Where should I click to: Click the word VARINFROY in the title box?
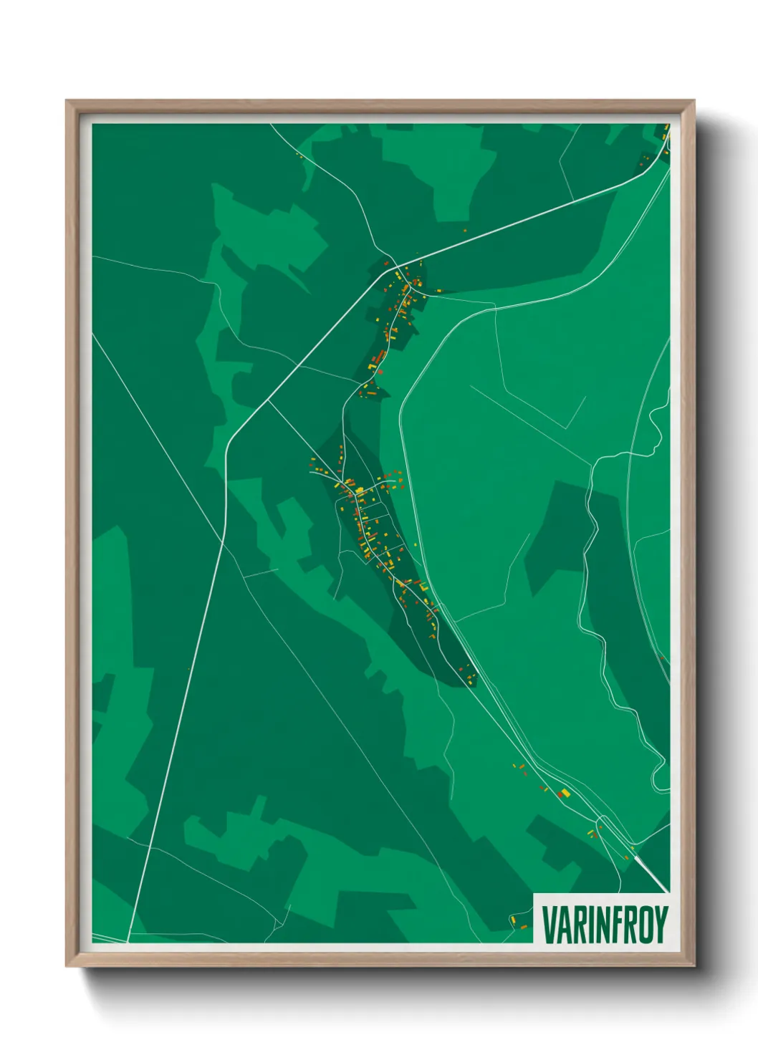tap(605, 925)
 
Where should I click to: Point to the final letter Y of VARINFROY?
tap(661, 925)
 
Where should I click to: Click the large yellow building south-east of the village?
tap(565, 791)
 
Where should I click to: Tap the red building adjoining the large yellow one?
tap(560, 794)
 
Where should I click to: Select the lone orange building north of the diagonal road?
tap(465, 231)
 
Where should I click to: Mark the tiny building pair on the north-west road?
tap(299, 153)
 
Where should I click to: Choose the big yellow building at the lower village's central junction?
tap(360, 491)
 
